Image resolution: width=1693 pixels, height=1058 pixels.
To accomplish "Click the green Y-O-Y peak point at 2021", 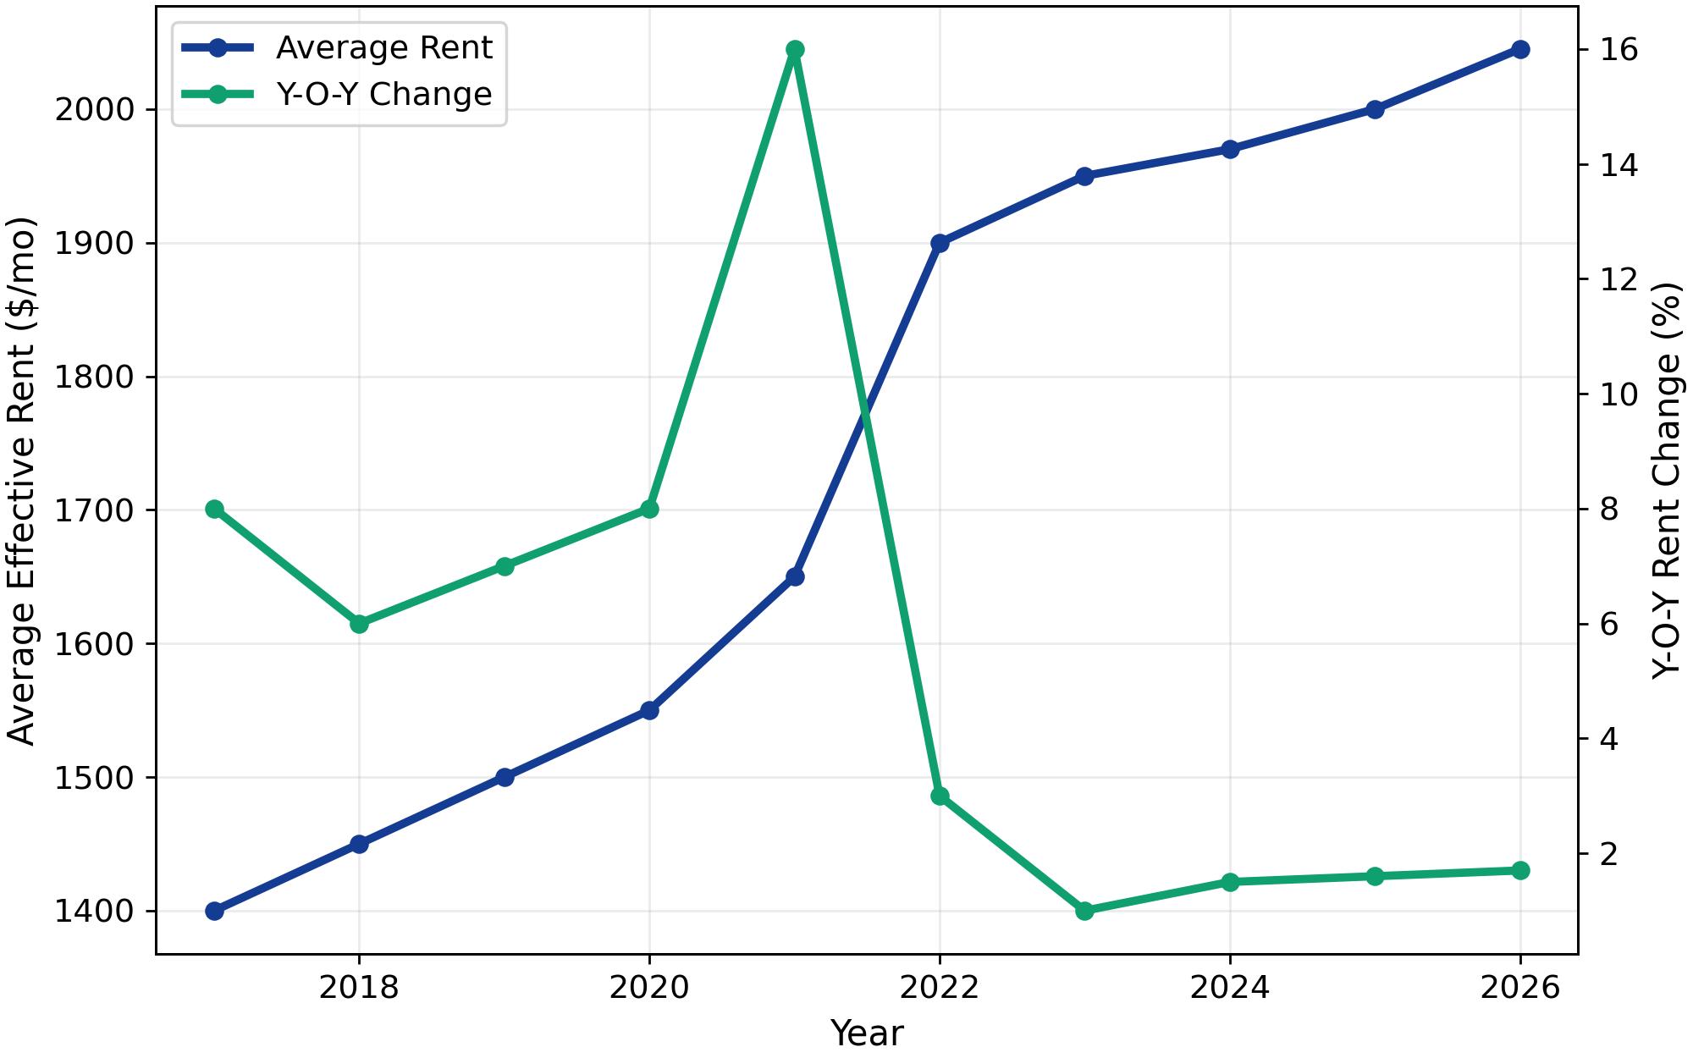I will (x=795, y=49).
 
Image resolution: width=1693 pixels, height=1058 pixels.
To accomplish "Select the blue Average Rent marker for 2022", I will (x=940, y=243).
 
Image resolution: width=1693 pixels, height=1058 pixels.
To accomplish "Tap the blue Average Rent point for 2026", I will (x=1520, y=49).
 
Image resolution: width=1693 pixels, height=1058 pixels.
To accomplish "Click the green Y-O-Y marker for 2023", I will (x=1084, y=911).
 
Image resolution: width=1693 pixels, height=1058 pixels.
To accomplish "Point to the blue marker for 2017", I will (x=214, y=911).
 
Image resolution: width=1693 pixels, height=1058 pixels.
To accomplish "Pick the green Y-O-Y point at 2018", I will (x=359, y=624).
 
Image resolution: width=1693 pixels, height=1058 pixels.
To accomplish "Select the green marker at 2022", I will (x=940, y=796).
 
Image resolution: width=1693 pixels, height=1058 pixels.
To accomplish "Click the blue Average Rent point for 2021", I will (x=795, y=576).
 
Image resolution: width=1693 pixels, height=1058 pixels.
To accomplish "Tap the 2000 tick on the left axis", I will (x=94, y=110).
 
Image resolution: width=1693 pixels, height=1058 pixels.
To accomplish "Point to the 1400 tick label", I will (x=94, y=912).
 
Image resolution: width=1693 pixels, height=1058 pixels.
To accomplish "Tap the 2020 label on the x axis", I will (x=649, y=988).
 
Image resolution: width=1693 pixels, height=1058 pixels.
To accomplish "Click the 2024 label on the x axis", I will (x=1230, y=988).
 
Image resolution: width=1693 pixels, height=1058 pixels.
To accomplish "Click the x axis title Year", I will (x=867, y=1033).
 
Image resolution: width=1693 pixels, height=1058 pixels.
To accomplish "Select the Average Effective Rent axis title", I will (x=22, y=481).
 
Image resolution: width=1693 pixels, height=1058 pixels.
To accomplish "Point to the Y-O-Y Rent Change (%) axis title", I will (x=1667, y=481).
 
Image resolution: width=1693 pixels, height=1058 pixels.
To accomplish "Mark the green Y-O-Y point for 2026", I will (x=1520, y=870).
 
